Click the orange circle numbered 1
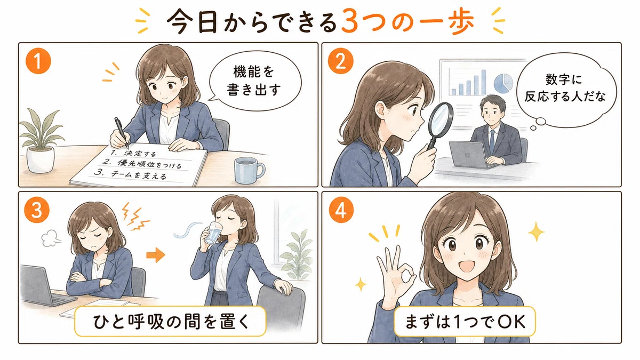[38, 61]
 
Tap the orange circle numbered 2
[340, 61]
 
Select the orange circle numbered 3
[37, 211]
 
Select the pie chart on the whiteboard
[503, 83]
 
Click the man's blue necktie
[492, 141]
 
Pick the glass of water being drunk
[213, 233]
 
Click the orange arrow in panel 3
[156, 254]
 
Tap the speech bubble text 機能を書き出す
[253, 81]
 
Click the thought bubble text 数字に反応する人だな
[565, 88]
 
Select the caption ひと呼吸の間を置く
[171, 322]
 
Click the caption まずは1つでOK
[465, 322]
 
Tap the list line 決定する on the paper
[133, 153]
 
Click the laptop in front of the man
[469, 155]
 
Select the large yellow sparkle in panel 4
[536, 231]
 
